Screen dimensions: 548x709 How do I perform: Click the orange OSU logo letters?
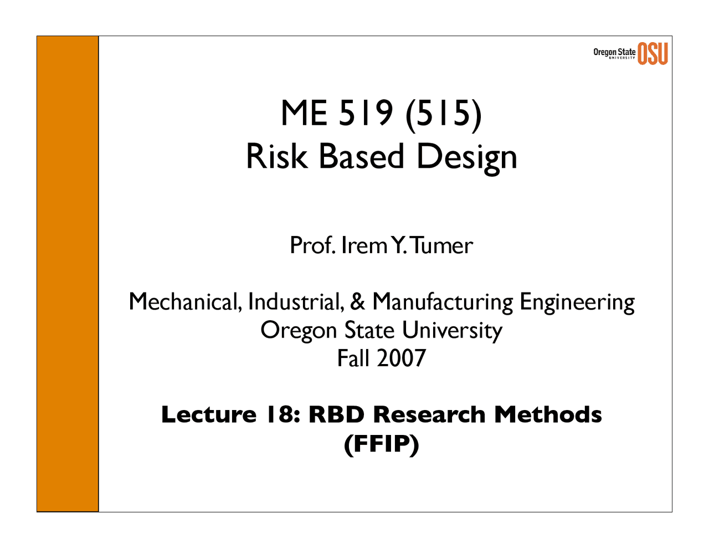[x=653, y=53]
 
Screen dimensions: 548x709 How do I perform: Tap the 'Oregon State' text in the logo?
[x=614, y=52]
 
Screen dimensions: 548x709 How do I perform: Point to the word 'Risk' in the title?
[x=276, y=156]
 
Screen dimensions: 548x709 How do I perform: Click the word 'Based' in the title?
[x=361, y=156]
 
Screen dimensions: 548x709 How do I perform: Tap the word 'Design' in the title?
[x=466, y=157]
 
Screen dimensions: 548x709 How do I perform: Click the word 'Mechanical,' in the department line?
[x=186, y=302]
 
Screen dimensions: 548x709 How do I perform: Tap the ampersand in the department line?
[x=358, y=302]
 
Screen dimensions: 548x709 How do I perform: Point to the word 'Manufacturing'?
[x=443, y=302]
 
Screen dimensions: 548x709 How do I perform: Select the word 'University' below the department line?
[x=452, y=331]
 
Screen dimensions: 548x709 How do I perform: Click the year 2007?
[x=401, y=358]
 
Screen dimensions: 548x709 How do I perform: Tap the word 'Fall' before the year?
[x=353, y=358]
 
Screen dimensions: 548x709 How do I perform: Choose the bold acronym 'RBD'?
[x=336, y=414]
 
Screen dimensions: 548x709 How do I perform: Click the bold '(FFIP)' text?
[x=381, y=444]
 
